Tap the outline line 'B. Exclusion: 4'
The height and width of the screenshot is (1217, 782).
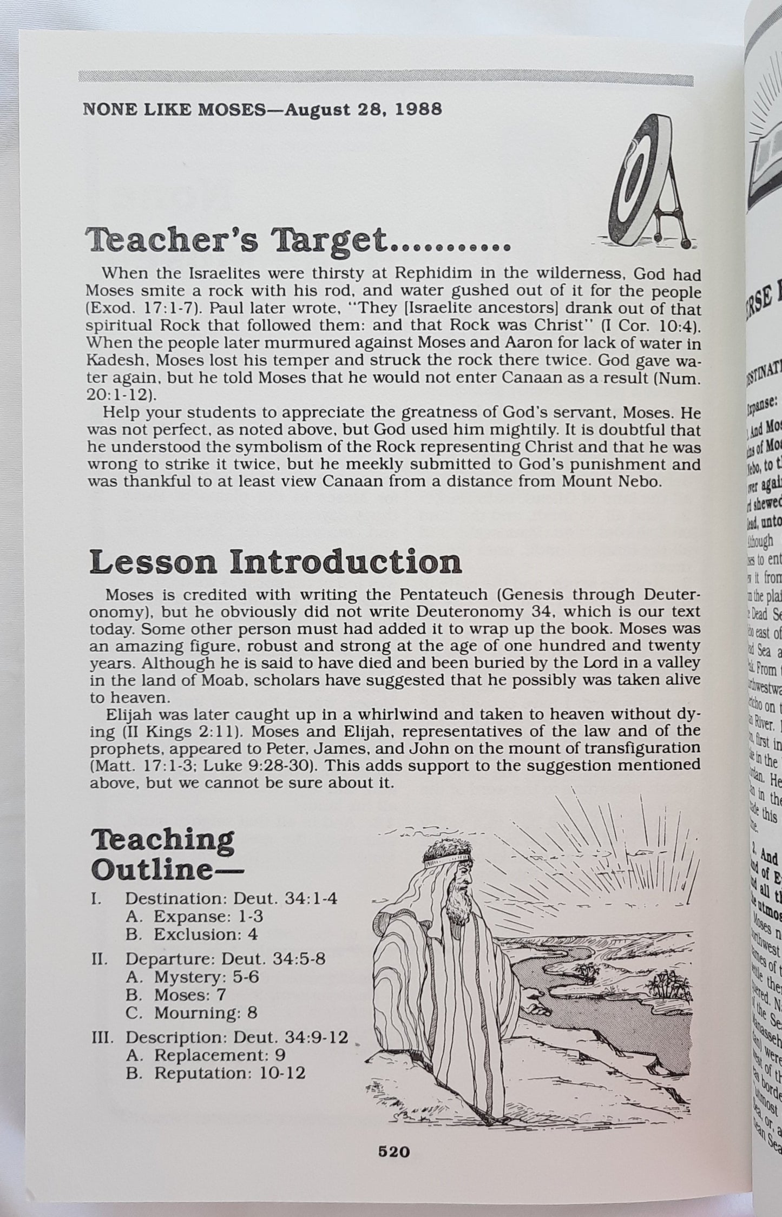pyautogui.click(x=192, y=935)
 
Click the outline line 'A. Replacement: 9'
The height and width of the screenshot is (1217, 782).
pyautogui.click(x=206, y=1055)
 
